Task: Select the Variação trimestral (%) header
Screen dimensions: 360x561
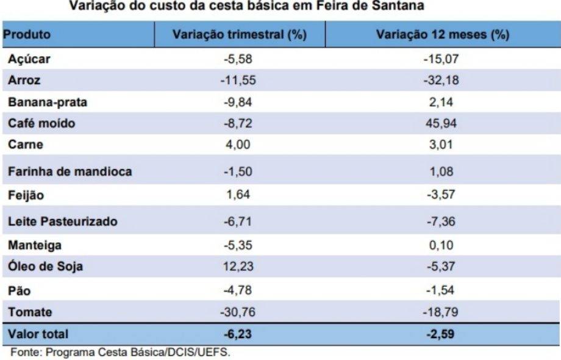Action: (x=239, y=35)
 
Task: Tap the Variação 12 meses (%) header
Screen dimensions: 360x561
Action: (x=442, y=35)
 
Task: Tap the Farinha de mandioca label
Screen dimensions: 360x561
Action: (x=70, y=171)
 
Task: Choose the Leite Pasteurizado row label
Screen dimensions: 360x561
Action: (x=62, y=221)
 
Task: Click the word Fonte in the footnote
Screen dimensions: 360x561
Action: (x=26, y=352)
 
